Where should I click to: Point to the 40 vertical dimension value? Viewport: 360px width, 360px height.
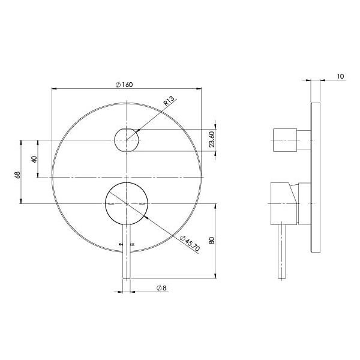pos(34,159)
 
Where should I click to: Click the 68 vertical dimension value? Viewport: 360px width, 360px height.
pos(18,175)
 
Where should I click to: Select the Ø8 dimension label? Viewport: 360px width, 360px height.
pos(161,289)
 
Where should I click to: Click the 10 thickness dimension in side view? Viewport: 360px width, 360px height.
pos(340,76)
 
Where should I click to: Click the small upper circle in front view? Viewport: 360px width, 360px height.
pos(127,140)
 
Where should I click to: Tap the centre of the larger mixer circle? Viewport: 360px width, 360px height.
pos(127,204)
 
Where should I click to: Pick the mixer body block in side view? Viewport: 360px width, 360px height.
pos(283,203)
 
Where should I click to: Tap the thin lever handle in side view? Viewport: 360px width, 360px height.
pos(282,252)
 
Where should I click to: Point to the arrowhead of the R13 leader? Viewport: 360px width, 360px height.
pos(137,131)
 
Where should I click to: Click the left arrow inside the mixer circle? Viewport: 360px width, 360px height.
pos(111,205)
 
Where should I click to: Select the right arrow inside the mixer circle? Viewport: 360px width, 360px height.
pos(142,205)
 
